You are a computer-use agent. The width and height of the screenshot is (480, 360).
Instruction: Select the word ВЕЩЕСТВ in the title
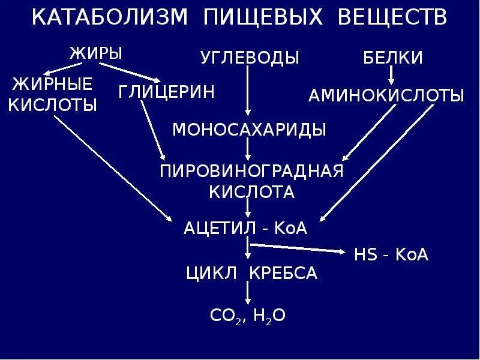point(393,17)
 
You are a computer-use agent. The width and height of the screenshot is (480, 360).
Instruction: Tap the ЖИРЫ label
point(96,53)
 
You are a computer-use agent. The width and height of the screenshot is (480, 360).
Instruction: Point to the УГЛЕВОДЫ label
point(250,58)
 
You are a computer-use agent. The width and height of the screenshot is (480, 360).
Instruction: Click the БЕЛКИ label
point(394,58)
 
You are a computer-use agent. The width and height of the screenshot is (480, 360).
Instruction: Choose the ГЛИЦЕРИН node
point(166,92)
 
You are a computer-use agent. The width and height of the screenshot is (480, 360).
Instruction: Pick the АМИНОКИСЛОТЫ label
point(386,96)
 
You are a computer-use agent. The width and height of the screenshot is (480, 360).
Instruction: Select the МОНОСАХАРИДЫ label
point(250,130)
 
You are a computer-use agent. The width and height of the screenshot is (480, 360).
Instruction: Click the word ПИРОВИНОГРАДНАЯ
point(251,171)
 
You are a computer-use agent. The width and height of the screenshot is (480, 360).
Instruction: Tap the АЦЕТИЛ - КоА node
point(245,229)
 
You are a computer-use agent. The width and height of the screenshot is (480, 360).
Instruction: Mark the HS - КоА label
point(391,254)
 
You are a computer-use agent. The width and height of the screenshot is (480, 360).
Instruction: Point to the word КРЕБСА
point(284,274)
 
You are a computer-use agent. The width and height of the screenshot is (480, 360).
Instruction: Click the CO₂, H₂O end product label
point(248,316)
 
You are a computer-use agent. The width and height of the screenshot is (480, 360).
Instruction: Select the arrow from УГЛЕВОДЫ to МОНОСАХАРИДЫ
point(248,90)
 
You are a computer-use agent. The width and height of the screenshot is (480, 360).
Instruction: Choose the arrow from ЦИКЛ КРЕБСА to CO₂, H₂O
point(248,294)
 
